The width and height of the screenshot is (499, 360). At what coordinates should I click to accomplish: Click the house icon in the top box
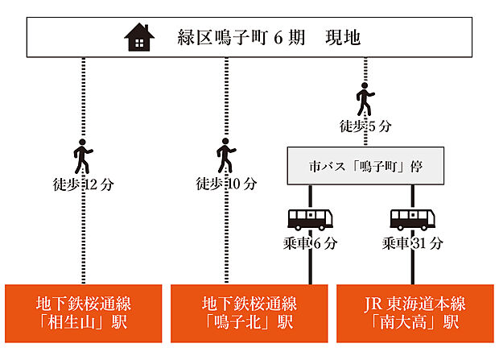pyautogui.click(x=138, y=37)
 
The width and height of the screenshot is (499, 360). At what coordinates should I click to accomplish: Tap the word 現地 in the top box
pyautogui.click(x=342, y=37)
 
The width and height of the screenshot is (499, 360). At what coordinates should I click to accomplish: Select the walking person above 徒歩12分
pyautogui.click(x=83, y=155)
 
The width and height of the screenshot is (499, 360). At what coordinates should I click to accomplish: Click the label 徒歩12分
pyautogui.click(x=83, y=184)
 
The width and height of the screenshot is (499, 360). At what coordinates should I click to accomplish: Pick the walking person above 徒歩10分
pyautogui.click(x=226, y=155)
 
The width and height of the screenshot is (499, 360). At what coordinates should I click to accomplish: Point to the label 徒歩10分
pyautogui.click(x=226, y=184)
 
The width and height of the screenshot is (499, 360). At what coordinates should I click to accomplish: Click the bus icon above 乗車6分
pyautogui.click(x=310, y=219)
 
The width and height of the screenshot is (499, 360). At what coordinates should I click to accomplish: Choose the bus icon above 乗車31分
pyautogui.click(x=413, y=219)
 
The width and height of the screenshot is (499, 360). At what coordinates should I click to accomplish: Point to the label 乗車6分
pyautogui.click(x=311, y=242)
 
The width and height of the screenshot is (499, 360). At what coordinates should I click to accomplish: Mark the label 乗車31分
pyautogui.click(x=413, y=242)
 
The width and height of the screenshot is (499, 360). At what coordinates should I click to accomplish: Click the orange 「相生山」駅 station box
pyautogui.click(x=83, y=313)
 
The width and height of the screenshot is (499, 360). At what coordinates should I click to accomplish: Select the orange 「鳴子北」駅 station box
pyautogui.click(x=249, y=313)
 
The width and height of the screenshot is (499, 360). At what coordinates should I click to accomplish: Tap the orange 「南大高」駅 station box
pyautogui.click(x=414, y=313)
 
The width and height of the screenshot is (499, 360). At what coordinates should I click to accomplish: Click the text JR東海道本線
pyautogui.click(x=414, y=304)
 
